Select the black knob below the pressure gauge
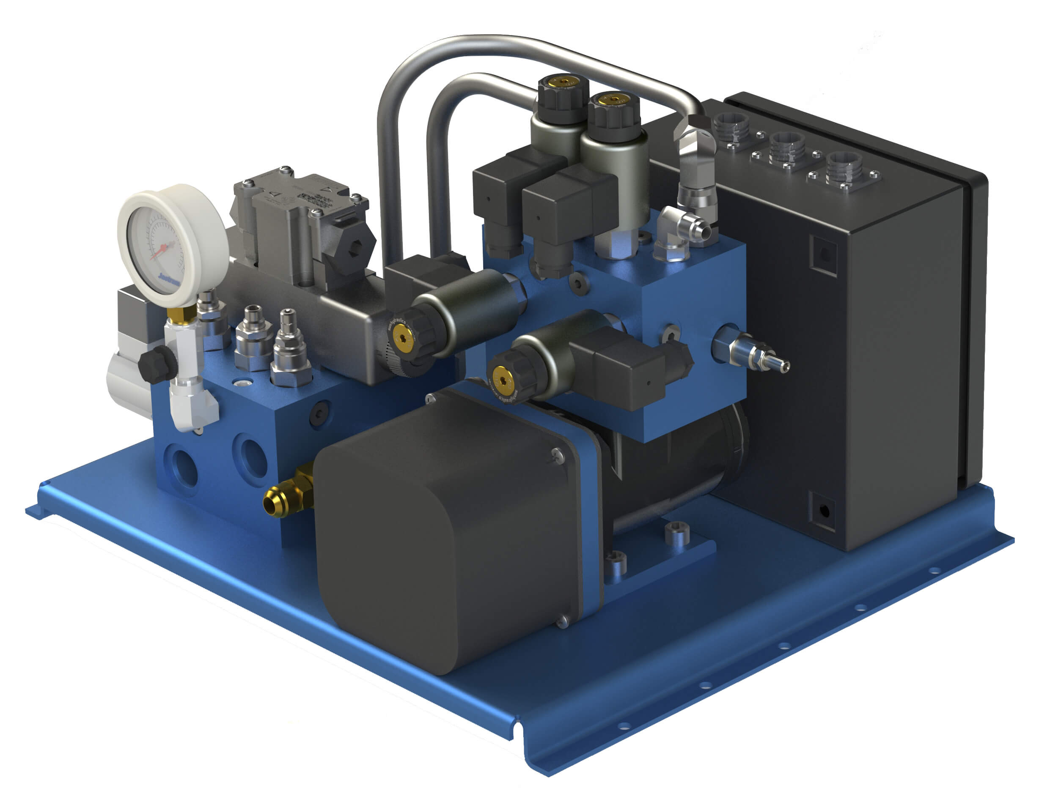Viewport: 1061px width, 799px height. pos(157,365)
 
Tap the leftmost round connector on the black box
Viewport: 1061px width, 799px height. pos(731,127)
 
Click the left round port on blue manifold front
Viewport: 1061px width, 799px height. pos(182,467)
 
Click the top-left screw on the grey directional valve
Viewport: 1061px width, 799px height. pos(248,183)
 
